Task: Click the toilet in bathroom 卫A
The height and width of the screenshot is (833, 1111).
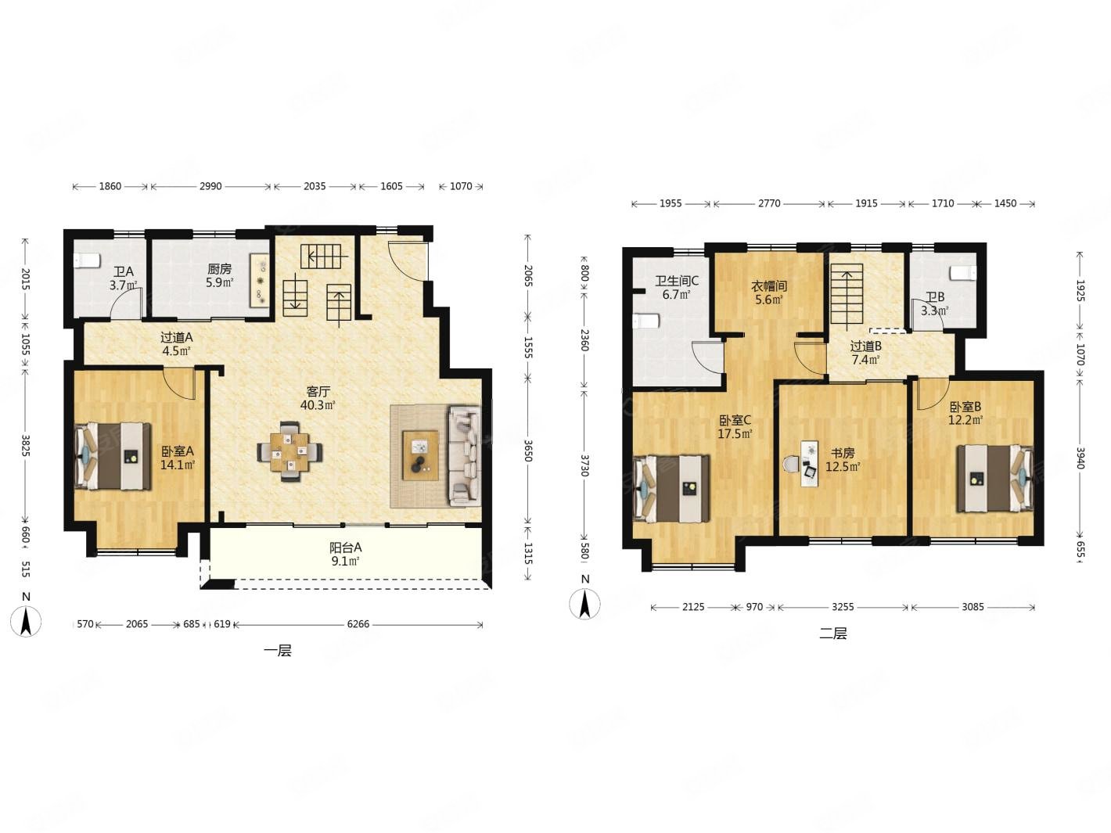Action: pos(86,260)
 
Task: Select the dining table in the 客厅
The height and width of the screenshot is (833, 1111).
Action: pos(289,451)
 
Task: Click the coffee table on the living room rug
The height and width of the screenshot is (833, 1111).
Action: pos(420,455)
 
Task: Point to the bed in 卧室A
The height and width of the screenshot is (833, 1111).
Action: pos(113,457)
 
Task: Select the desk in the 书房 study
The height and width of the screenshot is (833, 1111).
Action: pos(809,464)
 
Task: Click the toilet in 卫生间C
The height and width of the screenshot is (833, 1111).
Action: pos(645,321)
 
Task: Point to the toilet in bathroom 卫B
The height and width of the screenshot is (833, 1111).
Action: pos(963,273)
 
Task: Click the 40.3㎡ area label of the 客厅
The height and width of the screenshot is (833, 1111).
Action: pos(318,405)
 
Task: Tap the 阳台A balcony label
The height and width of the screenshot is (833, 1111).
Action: pos(346,548)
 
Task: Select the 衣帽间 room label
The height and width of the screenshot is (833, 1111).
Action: pos(769,286)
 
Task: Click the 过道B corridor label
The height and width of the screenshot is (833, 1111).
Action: pos(865,346)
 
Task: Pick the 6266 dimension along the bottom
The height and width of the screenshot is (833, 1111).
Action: pos(358,624)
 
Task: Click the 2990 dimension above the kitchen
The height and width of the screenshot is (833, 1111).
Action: pos(210,186)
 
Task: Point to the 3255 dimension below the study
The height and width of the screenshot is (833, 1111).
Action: pos(843,607)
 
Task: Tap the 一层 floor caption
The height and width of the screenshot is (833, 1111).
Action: pos(278,651)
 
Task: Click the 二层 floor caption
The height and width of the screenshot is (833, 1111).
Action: pos(833,634)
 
